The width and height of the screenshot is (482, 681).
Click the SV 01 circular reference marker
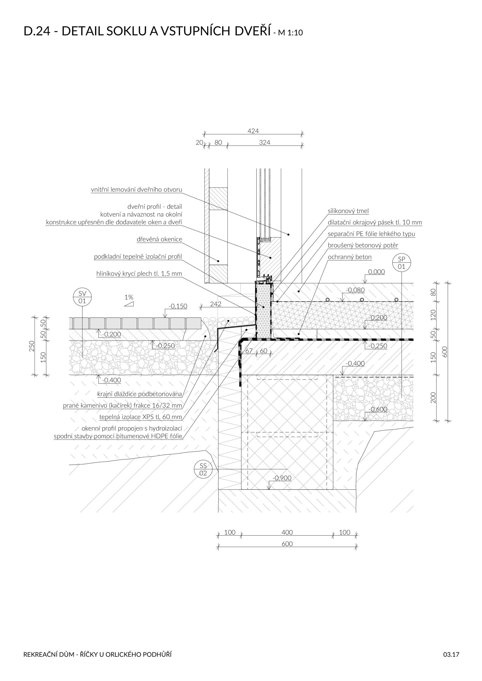point(82,297)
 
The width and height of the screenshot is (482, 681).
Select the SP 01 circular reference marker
point(401,263)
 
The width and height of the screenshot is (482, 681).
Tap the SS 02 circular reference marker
point(203,469)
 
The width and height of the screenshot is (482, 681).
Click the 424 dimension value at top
point(253,131)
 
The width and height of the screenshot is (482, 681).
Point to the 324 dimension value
point(264,142)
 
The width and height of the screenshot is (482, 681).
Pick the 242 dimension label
point(216,304)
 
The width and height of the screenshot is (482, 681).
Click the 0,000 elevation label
point(376,272)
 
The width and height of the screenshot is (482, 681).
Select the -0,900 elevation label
point(282,478)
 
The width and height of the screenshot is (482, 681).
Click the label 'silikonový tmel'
point(348,211)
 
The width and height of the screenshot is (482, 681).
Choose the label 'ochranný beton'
point(350,257)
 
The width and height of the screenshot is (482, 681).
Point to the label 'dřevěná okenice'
point(159,239)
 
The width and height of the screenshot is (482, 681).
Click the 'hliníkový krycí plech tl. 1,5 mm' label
point(139,273)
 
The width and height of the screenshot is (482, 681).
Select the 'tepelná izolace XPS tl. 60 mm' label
point(140,417)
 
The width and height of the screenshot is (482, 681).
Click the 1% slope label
point(129,297)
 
